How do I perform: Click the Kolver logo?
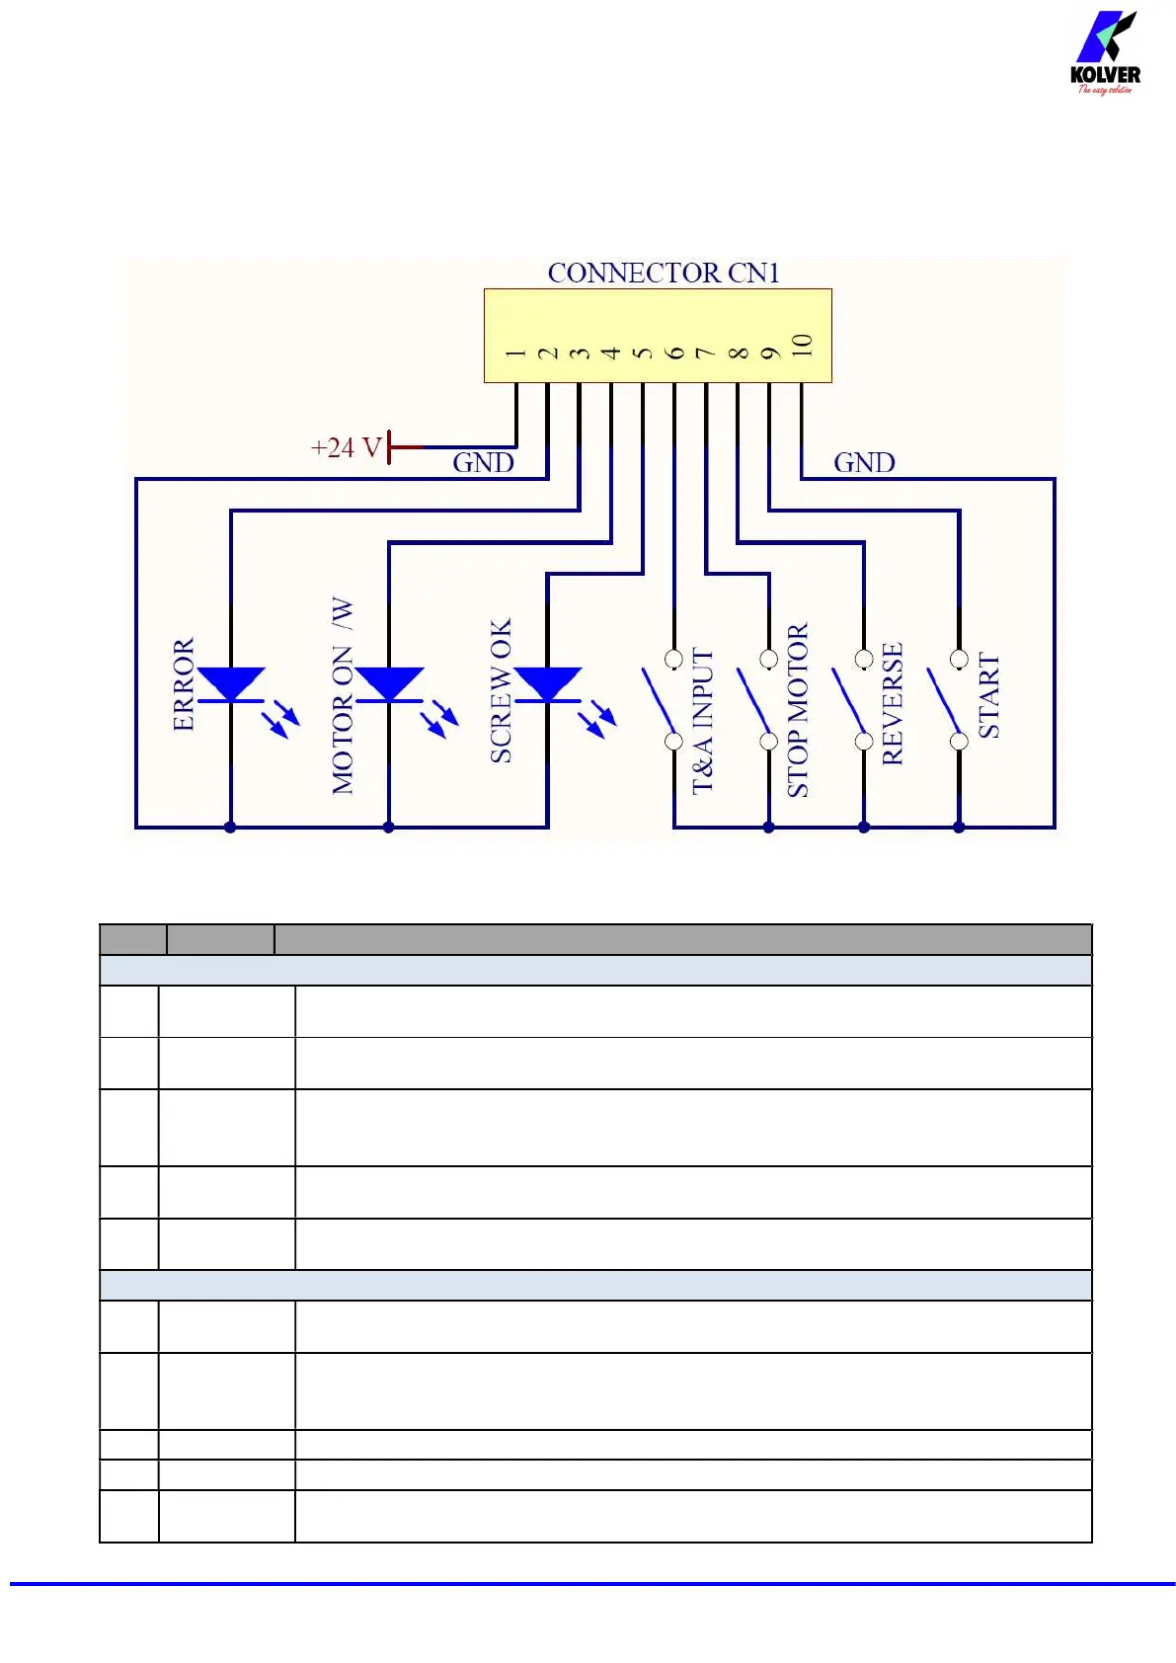coord(1105,53)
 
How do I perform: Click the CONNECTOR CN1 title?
coord(664,274)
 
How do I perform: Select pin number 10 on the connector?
coord(802,346)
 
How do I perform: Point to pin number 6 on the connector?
coord(674,353)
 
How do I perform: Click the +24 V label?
coord(346,448)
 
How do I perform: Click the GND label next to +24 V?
coord(483,463)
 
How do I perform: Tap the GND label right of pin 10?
coord(864,463)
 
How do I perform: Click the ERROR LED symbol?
coord(231,685)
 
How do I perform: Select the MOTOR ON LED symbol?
coord(389,685)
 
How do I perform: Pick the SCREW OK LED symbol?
coord(548,685)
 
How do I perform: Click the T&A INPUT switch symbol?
coord(662,699)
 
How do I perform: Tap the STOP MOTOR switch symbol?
coord(756,699)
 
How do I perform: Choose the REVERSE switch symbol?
coord(851,699)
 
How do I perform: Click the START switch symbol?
coord(946,699)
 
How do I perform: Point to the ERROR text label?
coord(184,684)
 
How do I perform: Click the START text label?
coord(988,695)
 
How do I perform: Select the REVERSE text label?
coord(893,703)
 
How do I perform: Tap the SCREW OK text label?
coord(502,691)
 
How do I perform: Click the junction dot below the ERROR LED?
coord(231,828)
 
